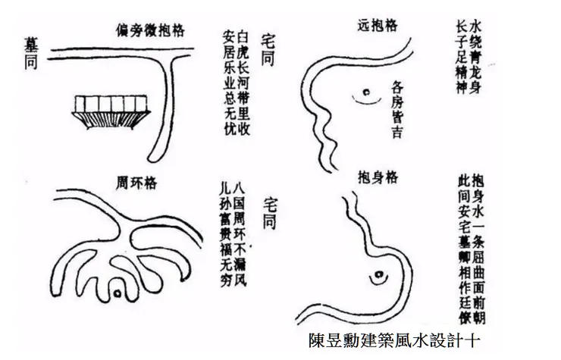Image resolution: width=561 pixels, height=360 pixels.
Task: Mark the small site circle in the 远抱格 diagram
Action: click(365, 95)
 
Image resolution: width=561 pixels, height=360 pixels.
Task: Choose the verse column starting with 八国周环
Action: click(239, 233)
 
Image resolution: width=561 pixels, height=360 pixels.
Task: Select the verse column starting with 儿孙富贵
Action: click(221, 233)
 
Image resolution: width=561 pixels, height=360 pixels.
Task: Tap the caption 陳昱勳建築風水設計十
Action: click(394, 339)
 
